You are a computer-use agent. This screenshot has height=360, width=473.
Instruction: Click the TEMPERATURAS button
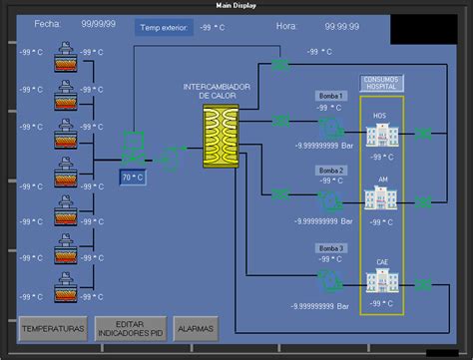[53, 327]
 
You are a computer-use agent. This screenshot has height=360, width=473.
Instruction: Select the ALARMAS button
[195, 327]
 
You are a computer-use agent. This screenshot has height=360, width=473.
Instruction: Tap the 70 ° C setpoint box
[132, 178]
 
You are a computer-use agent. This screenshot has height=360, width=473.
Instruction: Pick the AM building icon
[379, 196]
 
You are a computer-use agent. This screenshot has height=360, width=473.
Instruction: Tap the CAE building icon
[379, 272]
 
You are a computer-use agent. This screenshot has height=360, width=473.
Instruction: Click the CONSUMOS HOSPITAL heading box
[381, 82]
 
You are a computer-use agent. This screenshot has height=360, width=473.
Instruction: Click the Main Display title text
[236, 5]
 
